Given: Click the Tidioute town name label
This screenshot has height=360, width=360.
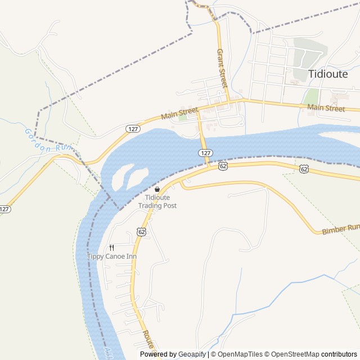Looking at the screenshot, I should (328, 74).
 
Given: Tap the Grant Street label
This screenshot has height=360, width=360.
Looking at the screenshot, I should (222, 68).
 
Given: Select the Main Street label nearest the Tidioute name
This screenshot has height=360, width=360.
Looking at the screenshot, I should (326, 107).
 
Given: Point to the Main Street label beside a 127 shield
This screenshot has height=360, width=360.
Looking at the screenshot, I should (179, 114).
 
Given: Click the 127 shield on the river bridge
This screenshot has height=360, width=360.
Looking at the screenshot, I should (206, 153).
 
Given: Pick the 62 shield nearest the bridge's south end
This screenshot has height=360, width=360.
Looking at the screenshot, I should (223, 166).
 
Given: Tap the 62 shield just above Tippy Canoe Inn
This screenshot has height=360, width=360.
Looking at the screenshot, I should (141, 231).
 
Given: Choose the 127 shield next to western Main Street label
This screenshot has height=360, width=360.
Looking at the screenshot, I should (133, 129).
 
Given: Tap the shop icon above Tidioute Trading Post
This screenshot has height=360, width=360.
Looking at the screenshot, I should (157, 189).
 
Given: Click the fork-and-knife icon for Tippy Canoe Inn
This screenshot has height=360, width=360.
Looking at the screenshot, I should (111, 247).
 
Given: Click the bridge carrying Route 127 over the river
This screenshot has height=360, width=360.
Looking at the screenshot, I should (204, 141).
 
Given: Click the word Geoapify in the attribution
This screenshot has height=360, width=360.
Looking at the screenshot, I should (192, 354).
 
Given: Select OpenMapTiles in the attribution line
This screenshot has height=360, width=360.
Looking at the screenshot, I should (240, 354).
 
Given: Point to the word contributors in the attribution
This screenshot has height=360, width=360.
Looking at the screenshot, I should (340, 354).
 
